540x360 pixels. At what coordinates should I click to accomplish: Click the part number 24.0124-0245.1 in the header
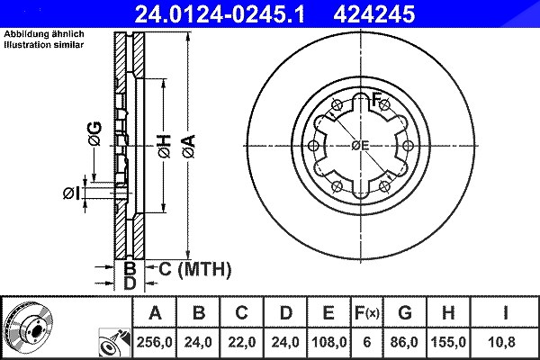[x=220, y=14]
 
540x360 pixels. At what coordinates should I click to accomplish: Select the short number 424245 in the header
[x=374, y=14]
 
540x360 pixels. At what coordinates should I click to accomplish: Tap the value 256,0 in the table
[x=154, y=342]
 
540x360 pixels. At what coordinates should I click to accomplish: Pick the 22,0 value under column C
[x=242, y=342]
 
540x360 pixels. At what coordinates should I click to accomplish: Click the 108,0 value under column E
[x=328, y=342]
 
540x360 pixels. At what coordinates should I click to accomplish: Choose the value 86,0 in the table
[x=404, y=342]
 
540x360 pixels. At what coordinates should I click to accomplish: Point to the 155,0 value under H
[x=448, y=342]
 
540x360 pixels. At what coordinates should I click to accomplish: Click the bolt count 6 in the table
[x=367, y=342]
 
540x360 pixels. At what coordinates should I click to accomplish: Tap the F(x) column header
[x=367, y=313]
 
